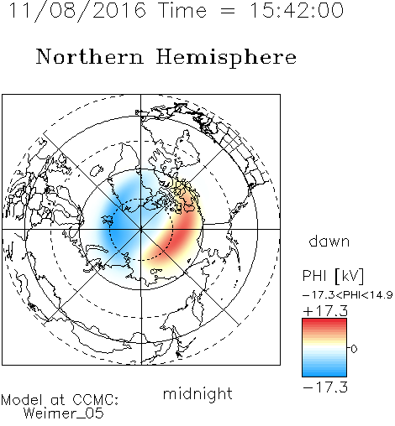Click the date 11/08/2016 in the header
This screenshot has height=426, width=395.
click(x=77, y=11)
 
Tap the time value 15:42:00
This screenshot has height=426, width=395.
click(x=297, y=10)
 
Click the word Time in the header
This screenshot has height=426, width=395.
click(x=182, y=10)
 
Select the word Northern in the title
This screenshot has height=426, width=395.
click(x=90, y=56)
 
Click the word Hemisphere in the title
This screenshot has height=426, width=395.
click(x=226, y=58)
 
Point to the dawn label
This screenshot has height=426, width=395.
click(x=329, y=241)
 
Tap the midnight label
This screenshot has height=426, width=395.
click(x=197, y=393)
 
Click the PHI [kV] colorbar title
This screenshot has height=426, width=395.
click(x=333, y=276)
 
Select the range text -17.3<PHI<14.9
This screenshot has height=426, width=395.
click(x=348, y=295)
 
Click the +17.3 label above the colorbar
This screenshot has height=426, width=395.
click(x=325, y=311)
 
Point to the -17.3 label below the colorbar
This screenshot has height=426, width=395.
click(x=325, y=387)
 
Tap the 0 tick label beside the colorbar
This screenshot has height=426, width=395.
click(x=354, y=349)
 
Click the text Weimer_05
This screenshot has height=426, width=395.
click(x=64, y=413)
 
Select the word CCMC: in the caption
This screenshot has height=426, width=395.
click(x=96, y=400)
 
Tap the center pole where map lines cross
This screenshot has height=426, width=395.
click(x=141, y=229)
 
